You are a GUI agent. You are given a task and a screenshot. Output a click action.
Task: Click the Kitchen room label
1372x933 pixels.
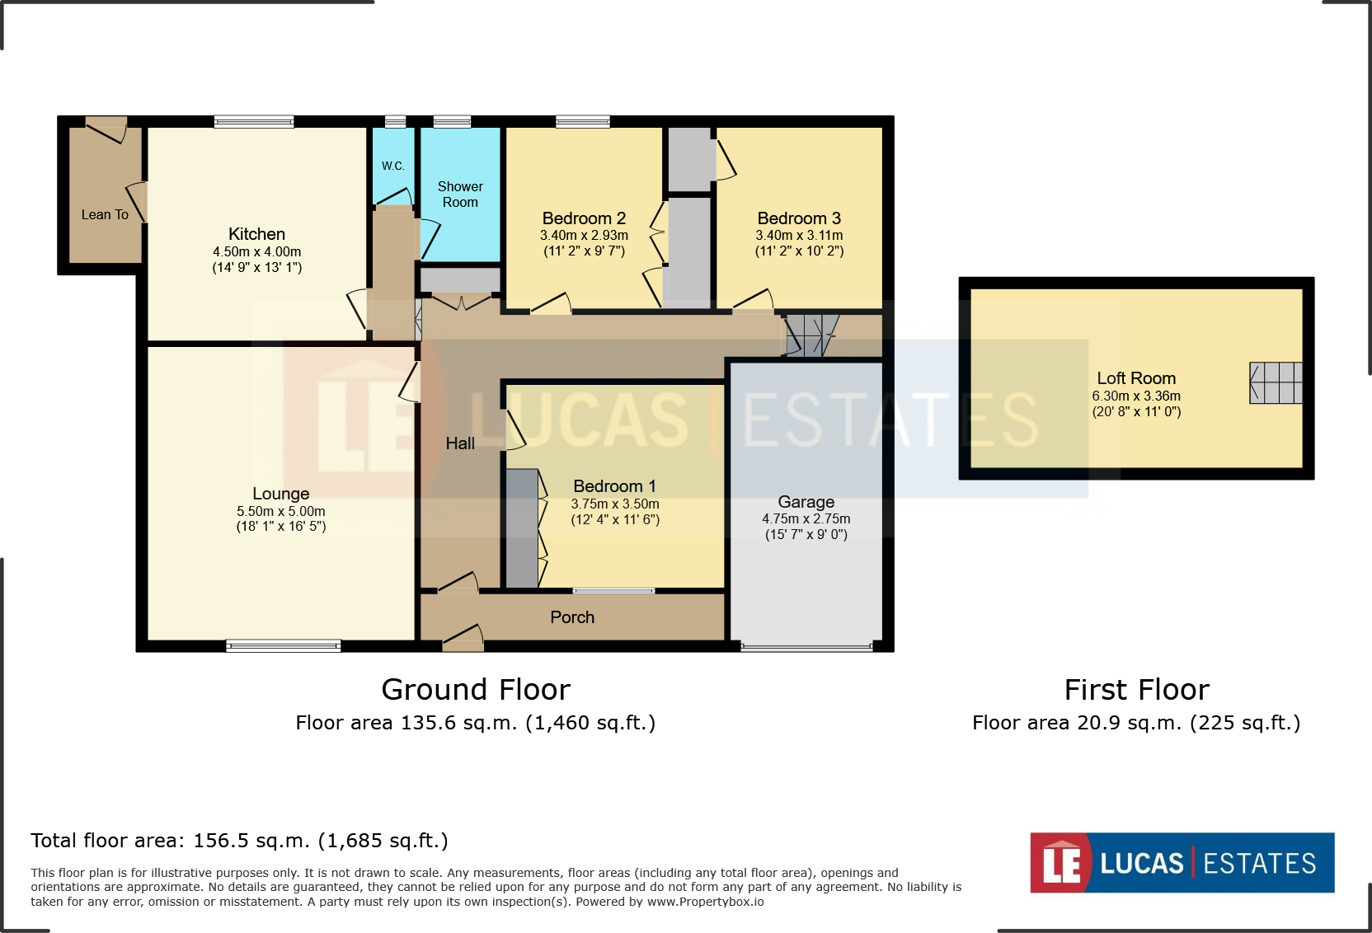[x=256, y=234]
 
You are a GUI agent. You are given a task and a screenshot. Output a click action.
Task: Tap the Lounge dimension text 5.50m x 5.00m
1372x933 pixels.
[x=281, y=511]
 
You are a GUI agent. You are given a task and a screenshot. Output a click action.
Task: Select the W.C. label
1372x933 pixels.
[x=392, y=166]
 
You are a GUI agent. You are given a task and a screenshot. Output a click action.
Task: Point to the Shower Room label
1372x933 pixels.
[x=460, y=194]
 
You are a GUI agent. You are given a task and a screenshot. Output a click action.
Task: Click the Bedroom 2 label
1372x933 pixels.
[x=584, y=218]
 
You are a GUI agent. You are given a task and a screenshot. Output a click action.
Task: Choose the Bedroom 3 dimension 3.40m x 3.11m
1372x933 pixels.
[x=799, y=235]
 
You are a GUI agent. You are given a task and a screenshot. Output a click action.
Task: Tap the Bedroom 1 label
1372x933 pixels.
[x=614, y=486]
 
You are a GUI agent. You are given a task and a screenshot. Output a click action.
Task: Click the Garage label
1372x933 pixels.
[x=806, y=502]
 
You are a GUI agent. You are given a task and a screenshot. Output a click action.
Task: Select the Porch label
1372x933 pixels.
[x=572, y=617]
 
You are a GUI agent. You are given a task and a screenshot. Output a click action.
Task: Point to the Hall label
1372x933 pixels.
[x=460, y=443]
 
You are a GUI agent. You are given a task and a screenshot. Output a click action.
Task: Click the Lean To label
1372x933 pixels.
[x=105, y=215]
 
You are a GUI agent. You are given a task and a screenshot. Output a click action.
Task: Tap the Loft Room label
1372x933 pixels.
[x=1136, y=378]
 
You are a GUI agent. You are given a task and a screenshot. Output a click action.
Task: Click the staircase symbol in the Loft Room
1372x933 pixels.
[x=1276, y=383]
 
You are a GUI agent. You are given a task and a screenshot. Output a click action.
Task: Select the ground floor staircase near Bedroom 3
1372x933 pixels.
[x=811, y=335]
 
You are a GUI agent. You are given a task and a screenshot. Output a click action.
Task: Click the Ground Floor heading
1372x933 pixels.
[x=476, y=690]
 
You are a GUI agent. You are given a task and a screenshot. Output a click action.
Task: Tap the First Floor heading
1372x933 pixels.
[x=1137, y=690]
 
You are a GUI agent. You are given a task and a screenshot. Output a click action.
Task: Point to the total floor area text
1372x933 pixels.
[x=239, y=841]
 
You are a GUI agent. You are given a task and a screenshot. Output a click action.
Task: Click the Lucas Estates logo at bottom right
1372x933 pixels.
[x=1182, y=863]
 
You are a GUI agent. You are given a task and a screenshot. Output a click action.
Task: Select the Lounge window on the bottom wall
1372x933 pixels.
[x=283, y=646]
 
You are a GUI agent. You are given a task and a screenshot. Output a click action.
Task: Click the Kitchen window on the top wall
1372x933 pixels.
[x=254, y=121]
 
